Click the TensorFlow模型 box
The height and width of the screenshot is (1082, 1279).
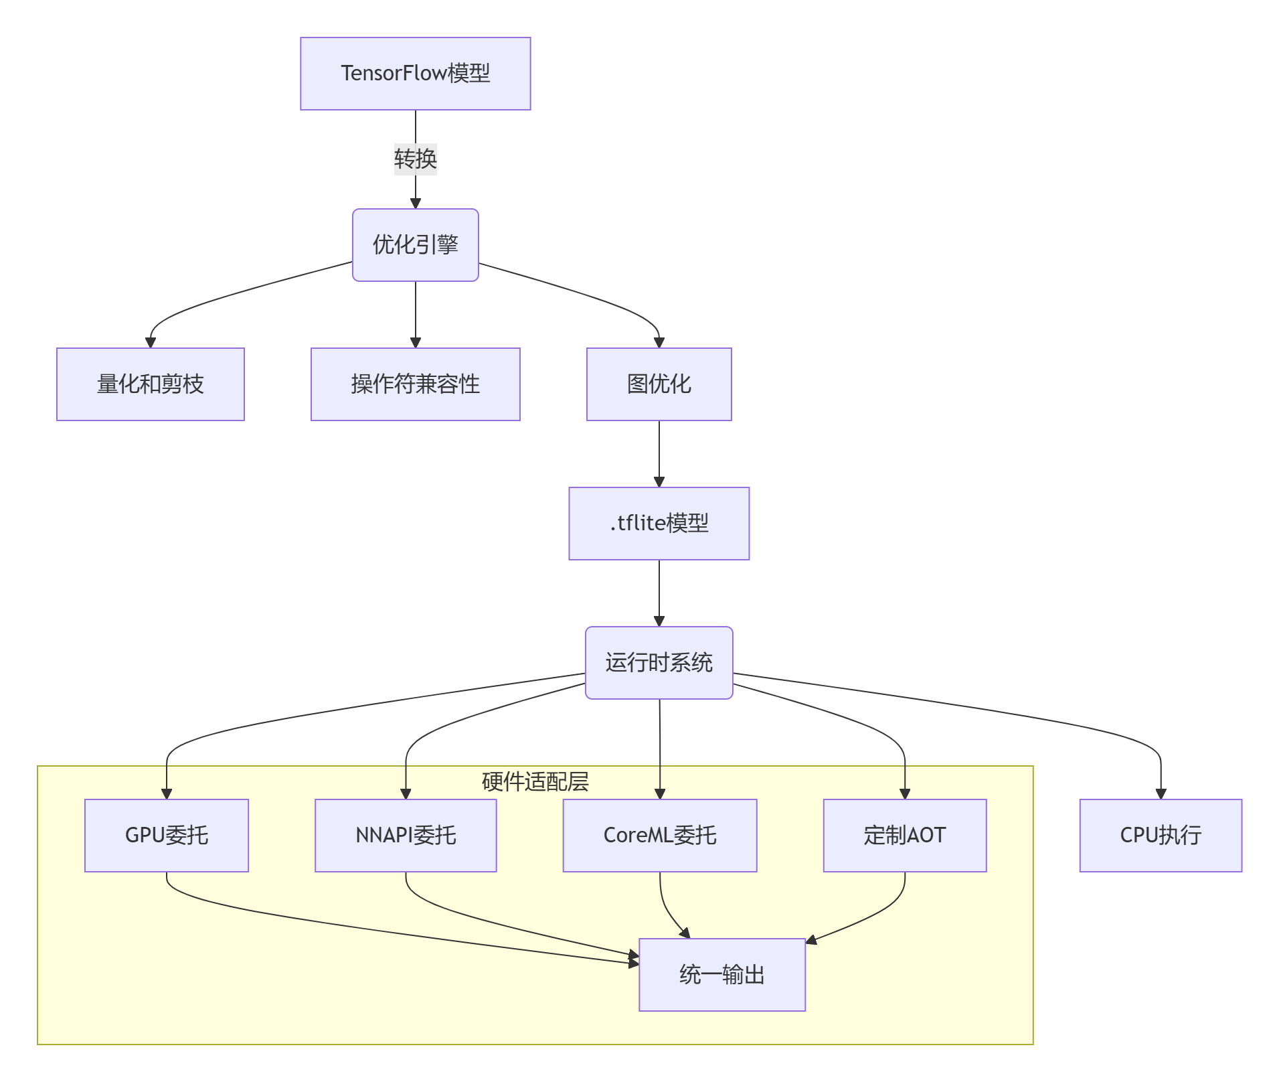(x=415, y=74)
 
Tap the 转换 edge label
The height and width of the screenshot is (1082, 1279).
(x=415, y=159)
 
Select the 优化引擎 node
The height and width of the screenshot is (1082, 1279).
(x=415, y=245)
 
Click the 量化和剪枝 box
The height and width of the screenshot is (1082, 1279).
(x=151, y=384)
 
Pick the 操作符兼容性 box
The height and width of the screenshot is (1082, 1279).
(x=415, y=384)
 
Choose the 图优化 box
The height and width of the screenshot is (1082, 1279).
(x=659, y=384)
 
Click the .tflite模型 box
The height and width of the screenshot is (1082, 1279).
(x=659, y=524)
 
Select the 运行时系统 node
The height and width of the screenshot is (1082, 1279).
(x=659, y=663)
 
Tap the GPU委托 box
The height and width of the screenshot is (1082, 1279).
(x=167, y=836)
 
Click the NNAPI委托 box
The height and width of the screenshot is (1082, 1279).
(x=406, y=836)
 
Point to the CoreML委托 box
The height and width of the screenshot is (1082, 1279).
(x=660, y=836)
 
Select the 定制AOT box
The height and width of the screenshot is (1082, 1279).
(x=905, y=836)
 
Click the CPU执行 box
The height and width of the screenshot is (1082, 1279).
(x=1161, y=836)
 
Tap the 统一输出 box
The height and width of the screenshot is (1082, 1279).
(x=722, y=975)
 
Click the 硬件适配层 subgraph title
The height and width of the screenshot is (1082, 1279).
(x=535, y=781)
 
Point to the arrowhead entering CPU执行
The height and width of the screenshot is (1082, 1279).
(x=1161, y=794)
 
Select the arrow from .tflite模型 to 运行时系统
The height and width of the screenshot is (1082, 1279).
(x=659, y=593)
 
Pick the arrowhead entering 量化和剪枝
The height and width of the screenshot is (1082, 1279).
(x=151, y=342)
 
